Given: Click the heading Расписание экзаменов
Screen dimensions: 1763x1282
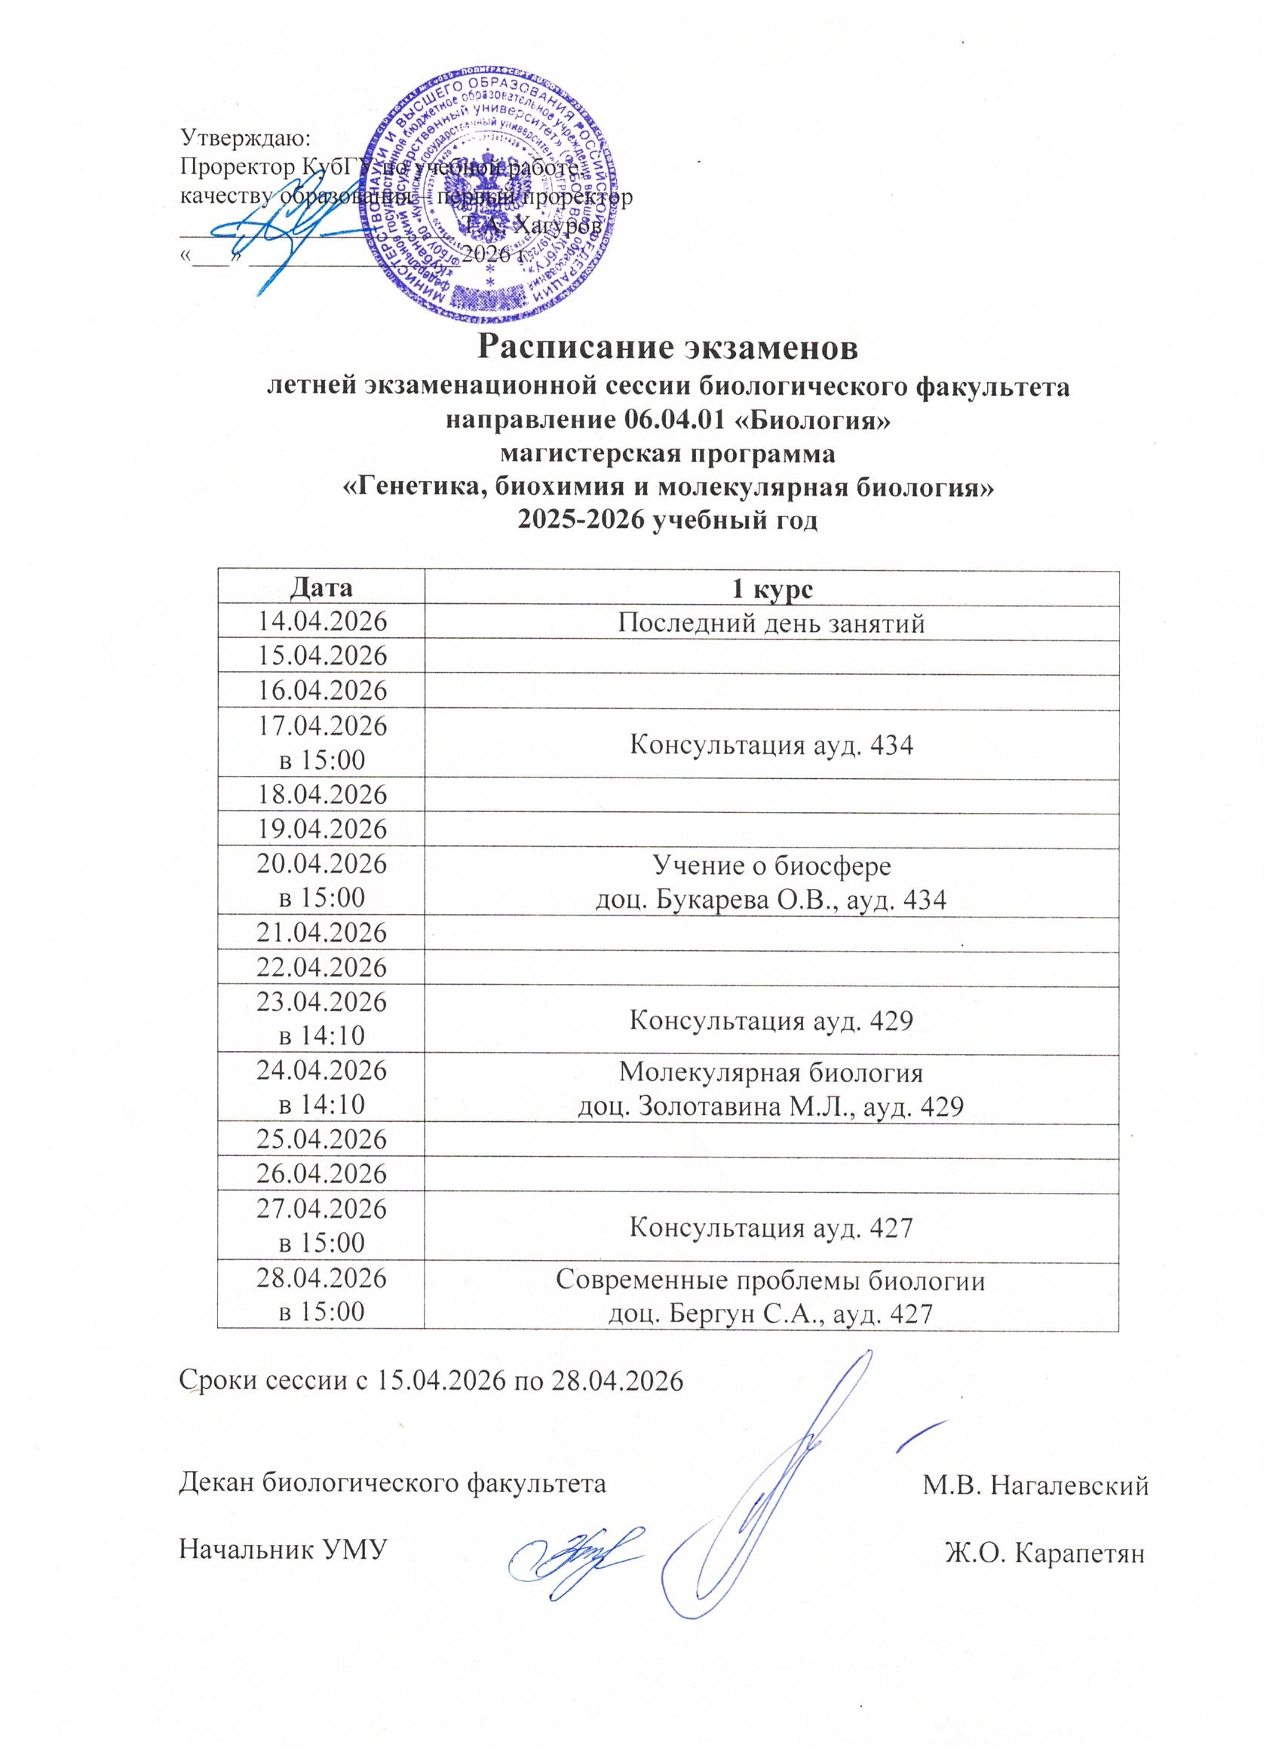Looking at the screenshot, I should tap(668, 348).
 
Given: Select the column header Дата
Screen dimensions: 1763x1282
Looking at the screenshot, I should tap(322, 587).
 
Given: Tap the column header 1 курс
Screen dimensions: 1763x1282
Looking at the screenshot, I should tap(771, 588).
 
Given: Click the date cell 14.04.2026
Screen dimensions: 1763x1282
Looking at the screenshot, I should tap(322, 622).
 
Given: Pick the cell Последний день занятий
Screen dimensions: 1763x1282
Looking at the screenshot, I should tap(771, 623).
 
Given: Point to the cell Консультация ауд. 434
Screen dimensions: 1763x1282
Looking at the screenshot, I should tap(771, 745).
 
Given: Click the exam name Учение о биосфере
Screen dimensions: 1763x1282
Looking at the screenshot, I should tap(771, 865).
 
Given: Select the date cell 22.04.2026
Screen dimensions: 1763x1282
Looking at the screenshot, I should tap(322, 967).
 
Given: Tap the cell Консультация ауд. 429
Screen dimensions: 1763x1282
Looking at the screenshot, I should tap(771, 1019).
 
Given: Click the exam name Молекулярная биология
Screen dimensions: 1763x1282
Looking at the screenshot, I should tap(771, 1073).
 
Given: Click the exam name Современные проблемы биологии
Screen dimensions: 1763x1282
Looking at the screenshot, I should tap(771, 1280).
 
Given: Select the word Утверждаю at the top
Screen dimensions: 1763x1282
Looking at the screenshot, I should tap(246, 137).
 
